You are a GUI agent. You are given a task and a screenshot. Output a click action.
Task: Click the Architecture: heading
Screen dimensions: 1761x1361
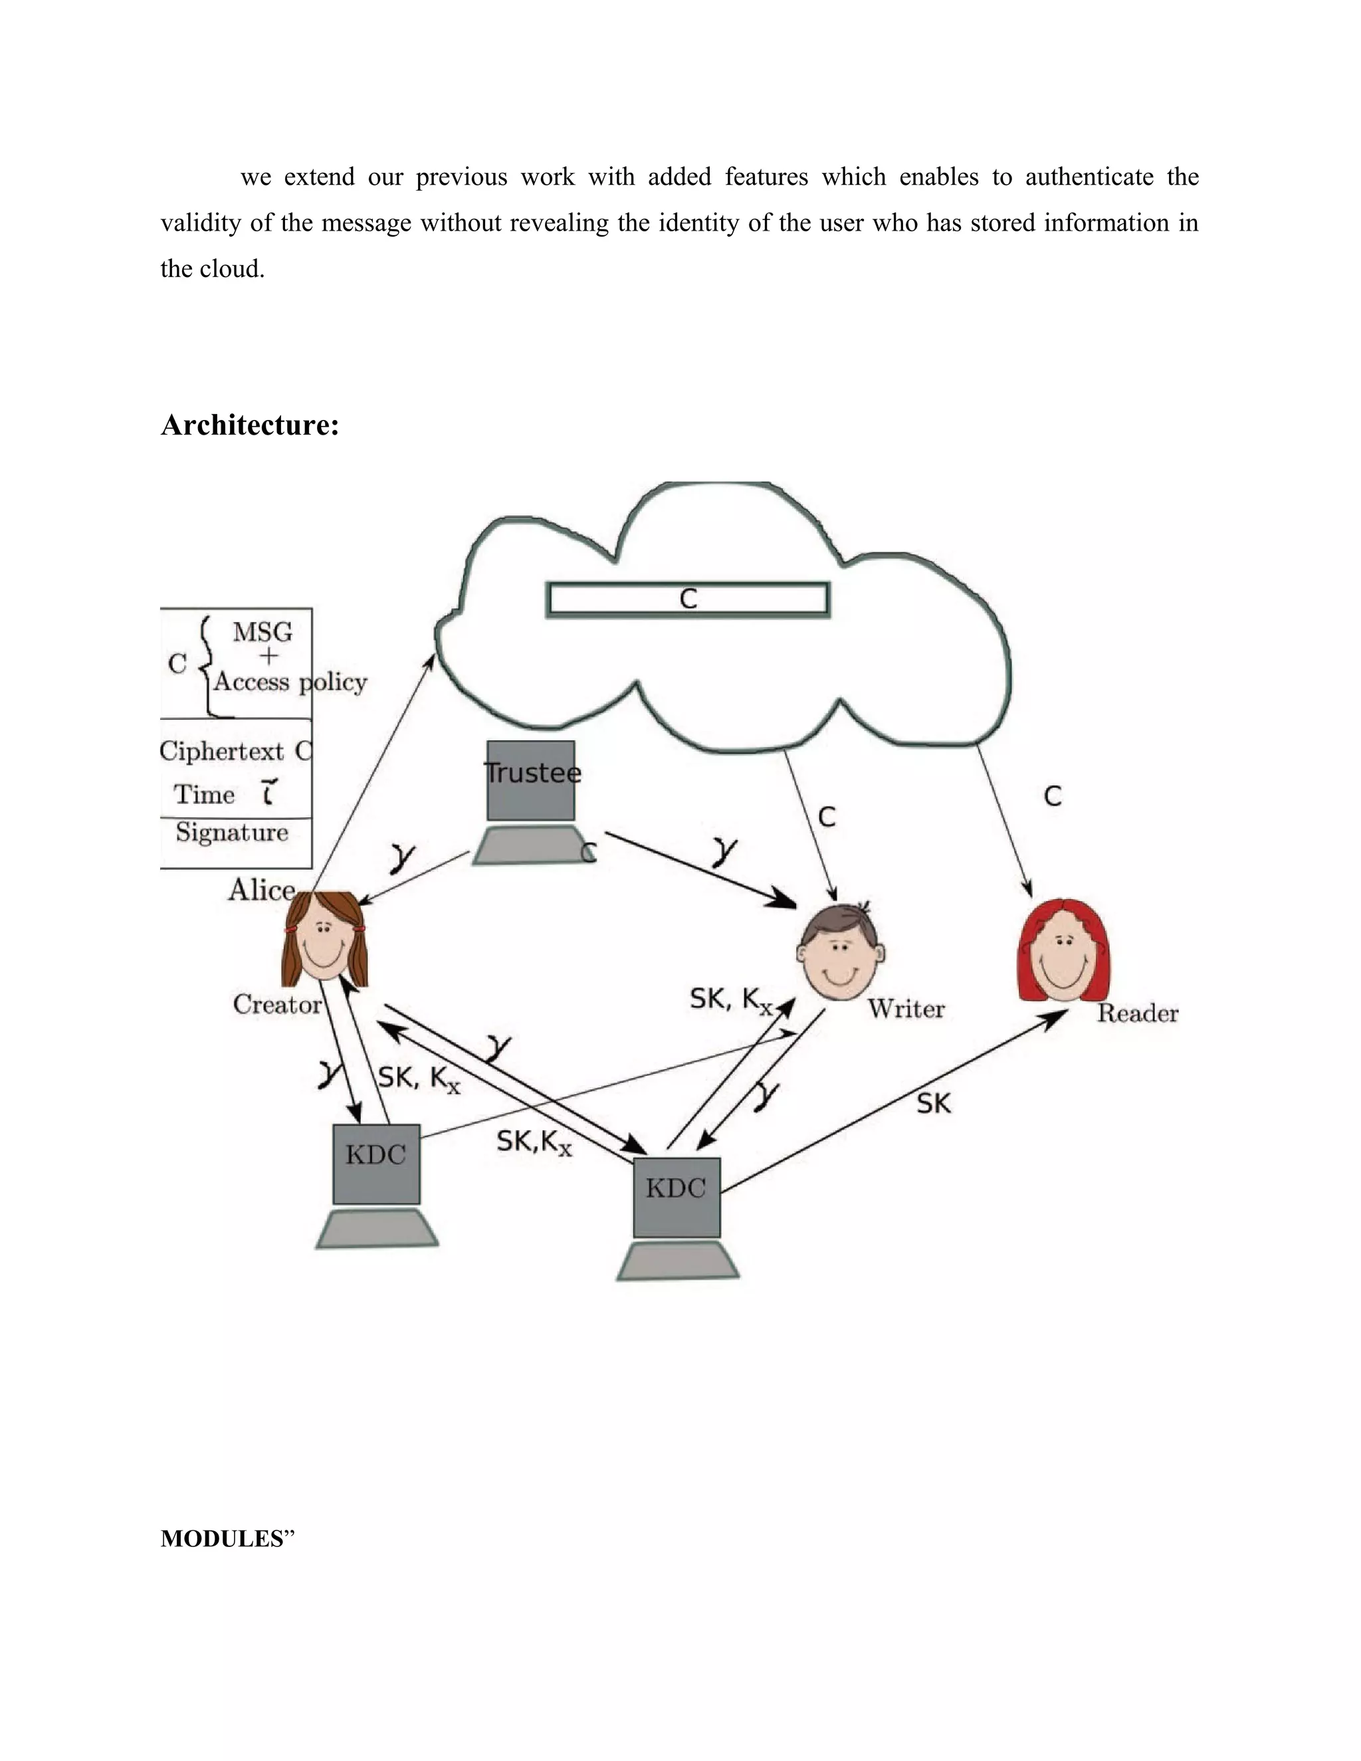[x=250, y=425]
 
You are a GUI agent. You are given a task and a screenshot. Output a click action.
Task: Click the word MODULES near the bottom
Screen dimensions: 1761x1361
[x=223, y=1538]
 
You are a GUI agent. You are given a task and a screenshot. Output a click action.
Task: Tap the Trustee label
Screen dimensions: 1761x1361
[x=532, y=772]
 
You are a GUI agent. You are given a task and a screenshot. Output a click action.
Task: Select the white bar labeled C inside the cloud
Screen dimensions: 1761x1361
[x=688, y=599]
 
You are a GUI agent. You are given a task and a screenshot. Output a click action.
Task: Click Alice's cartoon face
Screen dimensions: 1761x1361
[x=324, y=940]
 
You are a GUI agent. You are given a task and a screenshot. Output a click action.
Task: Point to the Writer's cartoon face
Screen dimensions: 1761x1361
[x=841, y=953]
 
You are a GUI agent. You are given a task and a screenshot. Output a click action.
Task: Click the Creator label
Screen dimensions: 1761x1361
[x=277, y=1005]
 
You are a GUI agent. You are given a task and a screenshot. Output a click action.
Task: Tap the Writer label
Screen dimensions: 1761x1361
[x=906, y=1009]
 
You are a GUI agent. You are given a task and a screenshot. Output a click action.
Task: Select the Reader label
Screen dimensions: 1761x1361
[x=1137, y=1013]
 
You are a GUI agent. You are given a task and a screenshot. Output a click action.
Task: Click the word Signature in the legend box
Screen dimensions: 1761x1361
[x=232, y=832]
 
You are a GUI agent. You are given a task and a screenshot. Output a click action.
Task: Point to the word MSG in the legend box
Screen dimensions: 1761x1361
[x=262, y=632]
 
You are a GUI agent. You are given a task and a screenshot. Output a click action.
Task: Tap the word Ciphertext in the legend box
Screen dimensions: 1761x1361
[x=222, y=752]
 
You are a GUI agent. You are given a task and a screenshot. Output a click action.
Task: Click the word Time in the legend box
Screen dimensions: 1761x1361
[x=205, y=795]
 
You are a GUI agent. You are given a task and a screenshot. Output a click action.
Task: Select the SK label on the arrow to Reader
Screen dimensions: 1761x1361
[x=934, y=1103]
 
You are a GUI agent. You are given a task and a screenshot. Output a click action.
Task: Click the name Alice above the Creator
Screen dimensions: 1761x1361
[x=261, y=890]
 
